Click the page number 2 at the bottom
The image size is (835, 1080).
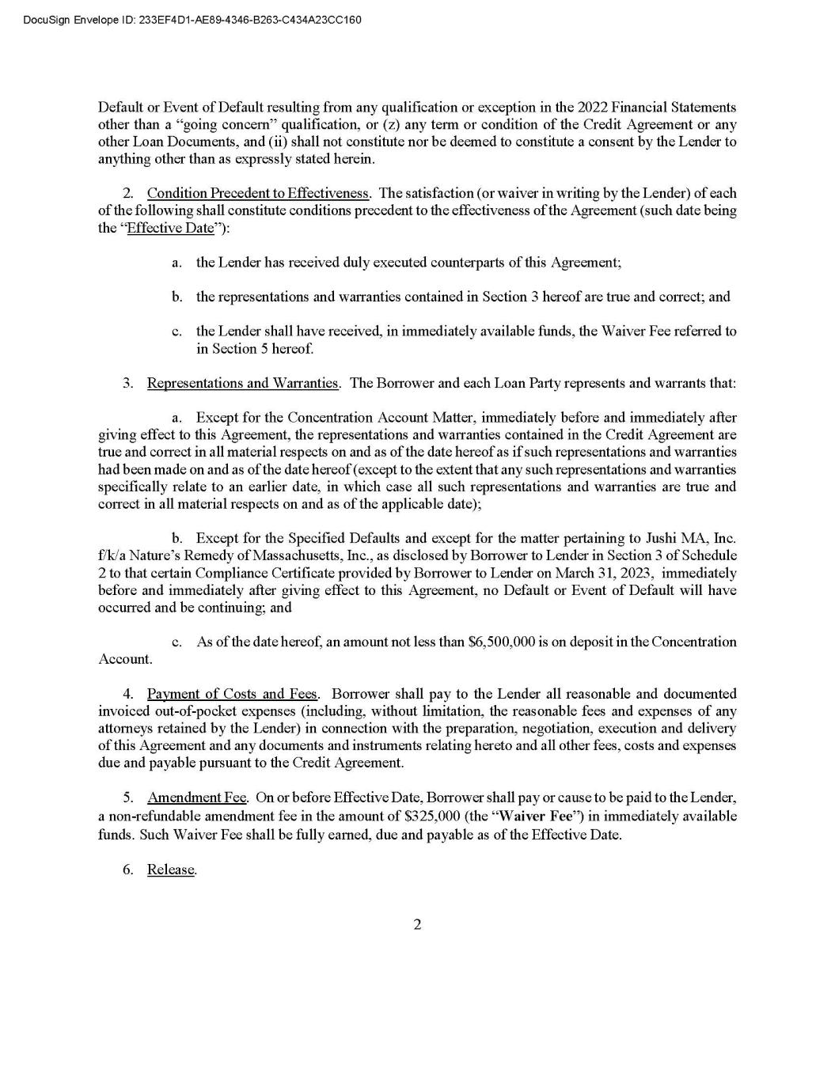click(x=417, y=925)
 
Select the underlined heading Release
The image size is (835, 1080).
click(x=171, y=870)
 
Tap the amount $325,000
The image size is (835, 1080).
click(x=427, y=816)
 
